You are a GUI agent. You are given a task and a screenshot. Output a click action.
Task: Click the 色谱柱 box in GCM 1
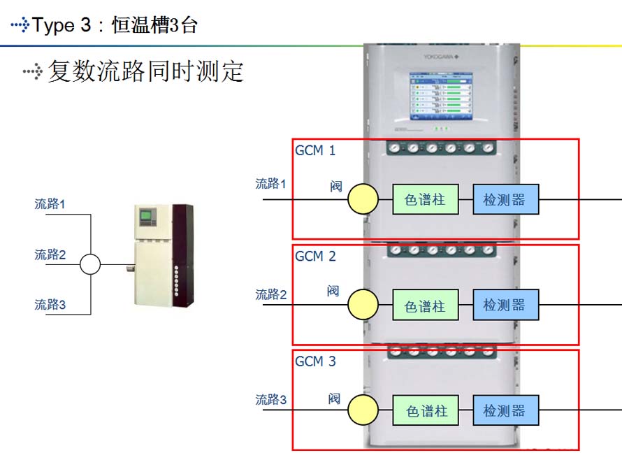pyautogui.click(x=426, y=200)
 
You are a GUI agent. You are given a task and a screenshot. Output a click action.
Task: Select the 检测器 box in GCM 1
pyautogui.click(x=505, y=200)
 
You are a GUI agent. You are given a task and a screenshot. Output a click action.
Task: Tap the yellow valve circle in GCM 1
pyautogui.click(x=363, y=199)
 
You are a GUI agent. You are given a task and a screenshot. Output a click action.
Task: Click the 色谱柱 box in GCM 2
pyautogui.click(x=426, y=305)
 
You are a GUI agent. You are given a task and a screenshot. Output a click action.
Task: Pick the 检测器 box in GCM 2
pyautogui.click(x=505, y=305)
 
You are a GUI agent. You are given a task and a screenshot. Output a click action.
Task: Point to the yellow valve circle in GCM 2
pyautogui.click(x=363, y=305)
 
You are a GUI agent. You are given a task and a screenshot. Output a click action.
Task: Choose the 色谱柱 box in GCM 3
pyautogui.click(x=426, y=410)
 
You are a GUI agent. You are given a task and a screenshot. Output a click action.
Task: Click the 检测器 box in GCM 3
pyautogui.click(x=505, y=410)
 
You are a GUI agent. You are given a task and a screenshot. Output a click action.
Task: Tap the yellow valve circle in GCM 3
pyautogui.click(x=363, y=410)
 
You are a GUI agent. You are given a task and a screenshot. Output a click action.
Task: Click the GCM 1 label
pyautogui.click(x=315, y=150)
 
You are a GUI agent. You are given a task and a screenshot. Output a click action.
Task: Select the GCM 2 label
pyautogui.click(x=315, y=257)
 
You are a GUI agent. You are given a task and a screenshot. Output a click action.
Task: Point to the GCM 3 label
pyautogui.click(x=315, y=361)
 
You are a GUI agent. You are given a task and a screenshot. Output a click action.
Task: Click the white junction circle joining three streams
pyautogui.click(x=90, y=264)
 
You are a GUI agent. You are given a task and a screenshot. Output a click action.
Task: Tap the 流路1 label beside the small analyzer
pyautogui.click(x=50, y=204)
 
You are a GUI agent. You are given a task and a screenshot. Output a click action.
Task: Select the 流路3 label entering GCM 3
pyautogui.click(x=271, y=400)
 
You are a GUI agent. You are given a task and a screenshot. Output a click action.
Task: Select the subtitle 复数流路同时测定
pyautogui.click(x=145, y=71)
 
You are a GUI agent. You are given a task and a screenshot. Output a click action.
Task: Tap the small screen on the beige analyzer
pyautogui.click(x=146, y=216)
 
